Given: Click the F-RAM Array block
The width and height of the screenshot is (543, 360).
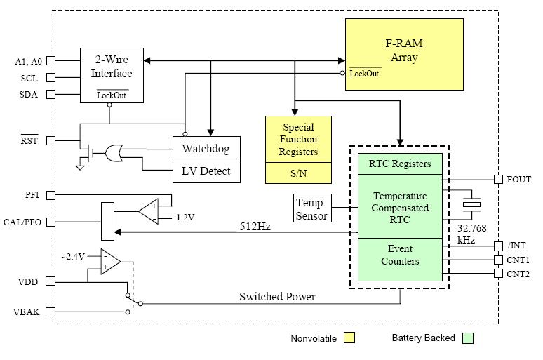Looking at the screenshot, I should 404,53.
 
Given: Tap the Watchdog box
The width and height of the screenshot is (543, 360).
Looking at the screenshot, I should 206,148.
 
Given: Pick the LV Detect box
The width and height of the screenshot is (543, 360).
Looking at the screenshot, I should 206,171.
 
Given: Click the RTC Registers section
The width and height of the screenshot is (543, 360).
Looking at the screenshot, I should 400,164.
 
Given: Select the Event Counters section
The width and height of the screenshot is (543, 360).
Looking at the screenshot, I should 400,255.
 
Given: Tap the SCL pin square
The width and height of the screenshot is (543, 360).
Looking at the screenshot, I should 51,78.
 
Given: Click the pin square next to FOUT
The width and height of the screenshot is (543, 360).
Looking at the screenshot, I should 498,179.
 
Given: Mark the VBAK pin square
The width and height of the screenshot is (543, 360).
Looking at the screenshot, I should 51,311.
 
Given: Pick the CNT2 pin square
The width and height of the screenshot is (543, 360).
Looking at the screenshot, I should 498,274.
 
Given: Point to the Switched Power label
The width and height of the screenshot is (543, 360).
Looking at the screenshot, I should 277,297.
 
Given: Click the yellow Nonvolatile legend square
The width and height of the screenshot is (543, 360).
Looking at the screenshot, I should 349,338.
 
